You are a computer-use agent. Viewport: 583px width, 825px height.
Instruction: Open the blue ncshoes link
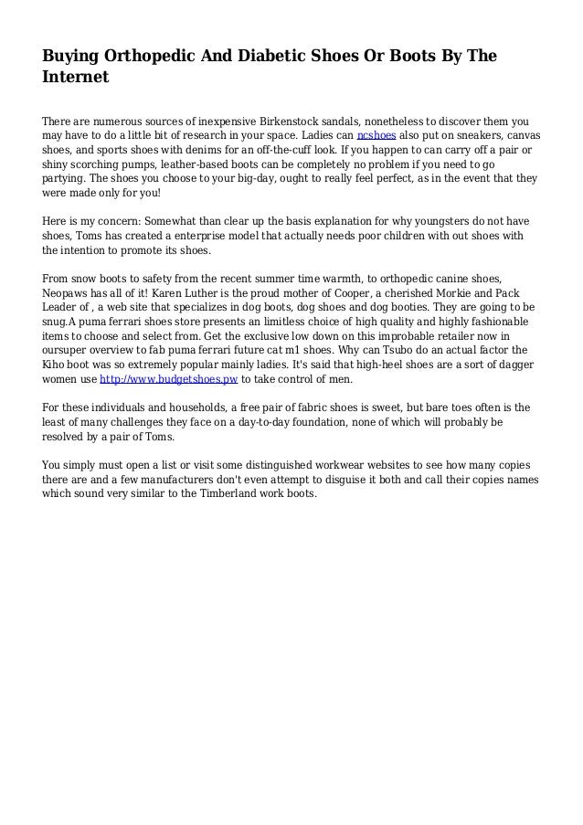(x=376, y=135)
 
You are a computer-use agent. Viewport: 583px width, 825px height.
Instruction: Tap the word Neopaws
(x=69, y=292)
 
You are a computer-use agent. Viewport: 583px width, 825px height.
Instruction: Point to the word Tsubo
(x=398, y=348)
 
